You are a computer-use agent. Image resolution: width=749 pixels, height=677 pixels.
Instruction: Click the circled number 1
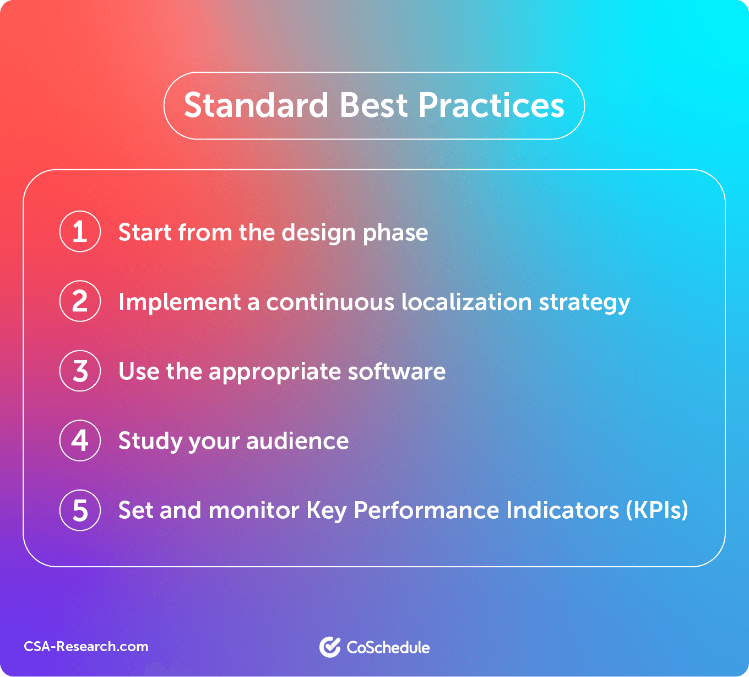pyautogui.click(x=80, y=232)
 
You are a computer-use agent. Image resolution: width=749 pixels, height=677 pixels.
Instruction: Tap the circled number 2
pyautogui.click(x=80, y=301)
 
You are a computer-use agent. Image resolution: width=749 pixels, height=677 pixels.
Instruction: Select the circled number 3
pyautogui.click(x=80, y=371)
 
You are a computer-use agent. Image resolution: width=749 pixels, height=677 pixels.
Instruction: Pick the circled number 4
pyautogui.click(x=80, y=440)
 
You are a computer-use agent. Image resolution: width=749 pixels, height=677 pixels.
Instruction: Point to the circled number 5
pyautogui.click(x=80, y=511)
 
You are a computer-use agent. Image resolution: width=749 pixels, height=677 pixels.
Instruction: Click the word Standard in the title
pyautogui.click(x=256, y=105)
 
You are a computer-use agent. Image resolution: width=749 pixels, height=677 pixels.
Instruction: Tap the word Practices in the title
pyautogui.click(x=491, y=105)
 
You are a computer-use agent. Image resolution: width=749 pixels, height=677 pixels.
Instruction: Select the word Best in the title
pyautogui.click(x=373, y=105)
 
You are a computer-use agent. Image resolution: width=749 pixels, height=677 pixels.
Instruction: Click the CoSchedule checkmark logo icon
pyautogui.click(x=330, y=647)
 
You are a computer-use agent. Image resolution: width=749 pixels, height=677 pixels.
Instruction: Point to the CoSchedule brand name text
pyautogui.click(x=388, y=647)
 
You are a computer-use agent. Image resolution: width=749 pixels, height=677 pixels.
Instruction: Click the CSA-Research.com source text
pyautogui.click(x=86, y=646)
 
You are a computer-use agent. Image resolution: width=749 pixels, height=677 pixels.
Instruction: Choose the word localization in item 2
pyautogui.click(x=466, y=302)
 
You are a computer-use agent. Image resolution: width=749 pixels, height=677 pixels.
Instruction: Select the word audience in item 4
pyautogui.click(x=297, y=440)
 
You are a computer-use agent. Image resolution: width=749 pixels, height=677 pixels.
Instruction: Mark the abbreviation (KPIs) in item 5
pyautogui.click(x=657, y=511)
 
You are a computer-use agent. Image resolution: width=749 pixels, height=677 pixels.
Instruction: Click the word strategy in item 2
pyautogui.click(x=585, y=303)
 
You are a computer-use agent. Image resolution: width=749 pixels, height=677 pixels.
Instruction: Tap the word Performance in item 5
pyautogui.click(x=426, y=511)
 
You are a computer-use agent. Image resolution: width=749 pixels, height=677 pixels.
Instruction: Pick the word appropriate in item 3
pyautogui.click(x=274, y=373)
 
